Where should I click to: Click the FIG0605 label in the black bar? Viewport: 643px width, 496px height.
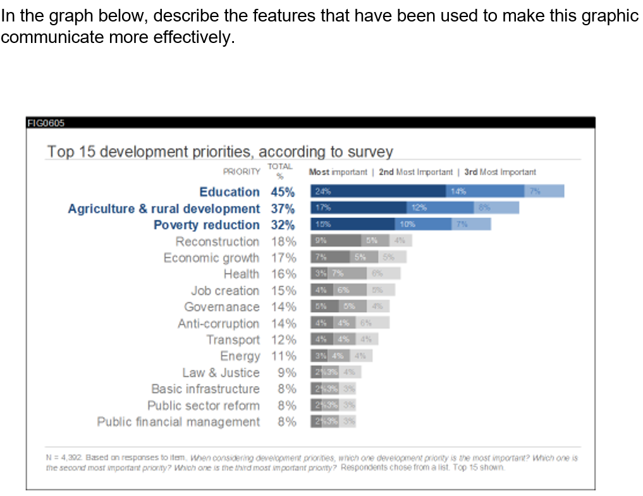[46, 123]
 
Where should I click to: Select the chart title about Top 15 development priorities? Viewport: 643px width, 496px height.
[220, 152]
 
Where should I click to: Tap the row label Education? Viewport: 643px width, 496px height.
[229, 192]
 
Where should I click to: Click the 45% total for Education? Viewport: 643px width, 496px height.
[283, 192]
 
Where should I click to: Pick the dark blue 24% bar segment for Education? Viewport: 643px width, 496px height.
[377, 191]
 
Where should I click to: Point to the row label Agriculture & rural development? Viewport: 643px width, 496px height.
[164, 209]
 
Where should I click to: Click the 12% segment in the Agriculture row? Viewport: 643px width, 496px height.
[439, 208]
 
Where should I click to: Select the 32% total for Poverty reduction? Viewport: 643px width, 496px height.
[283, 225]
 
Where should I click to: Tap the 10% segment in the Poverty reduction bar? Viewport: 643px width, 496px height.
[423, 224]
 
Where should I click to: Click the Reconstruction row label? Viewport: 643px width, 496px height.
[217, 241]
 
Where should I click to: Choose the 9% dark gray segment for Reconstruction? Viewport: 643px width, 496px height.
[335, 241]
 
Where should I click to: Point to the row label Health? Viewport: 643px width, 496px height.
[241, 274]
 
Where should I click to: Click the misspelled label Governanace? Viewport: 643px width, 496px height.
[221, 307]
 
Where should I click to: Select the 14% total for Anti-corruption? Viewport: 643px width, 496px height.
[283, 324]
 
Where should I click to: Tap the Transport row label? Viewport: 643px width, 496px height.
[233, 340]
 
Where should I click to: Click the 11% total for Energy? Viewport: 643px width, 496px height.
[283, 356]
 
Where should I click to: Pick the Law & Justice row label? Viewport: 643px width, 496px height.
[221, 373]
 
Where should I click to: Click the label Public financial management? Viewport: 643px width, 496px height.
[178, 422]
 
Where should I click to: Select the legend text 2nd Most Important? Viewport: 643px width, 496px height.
[415, 172]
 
